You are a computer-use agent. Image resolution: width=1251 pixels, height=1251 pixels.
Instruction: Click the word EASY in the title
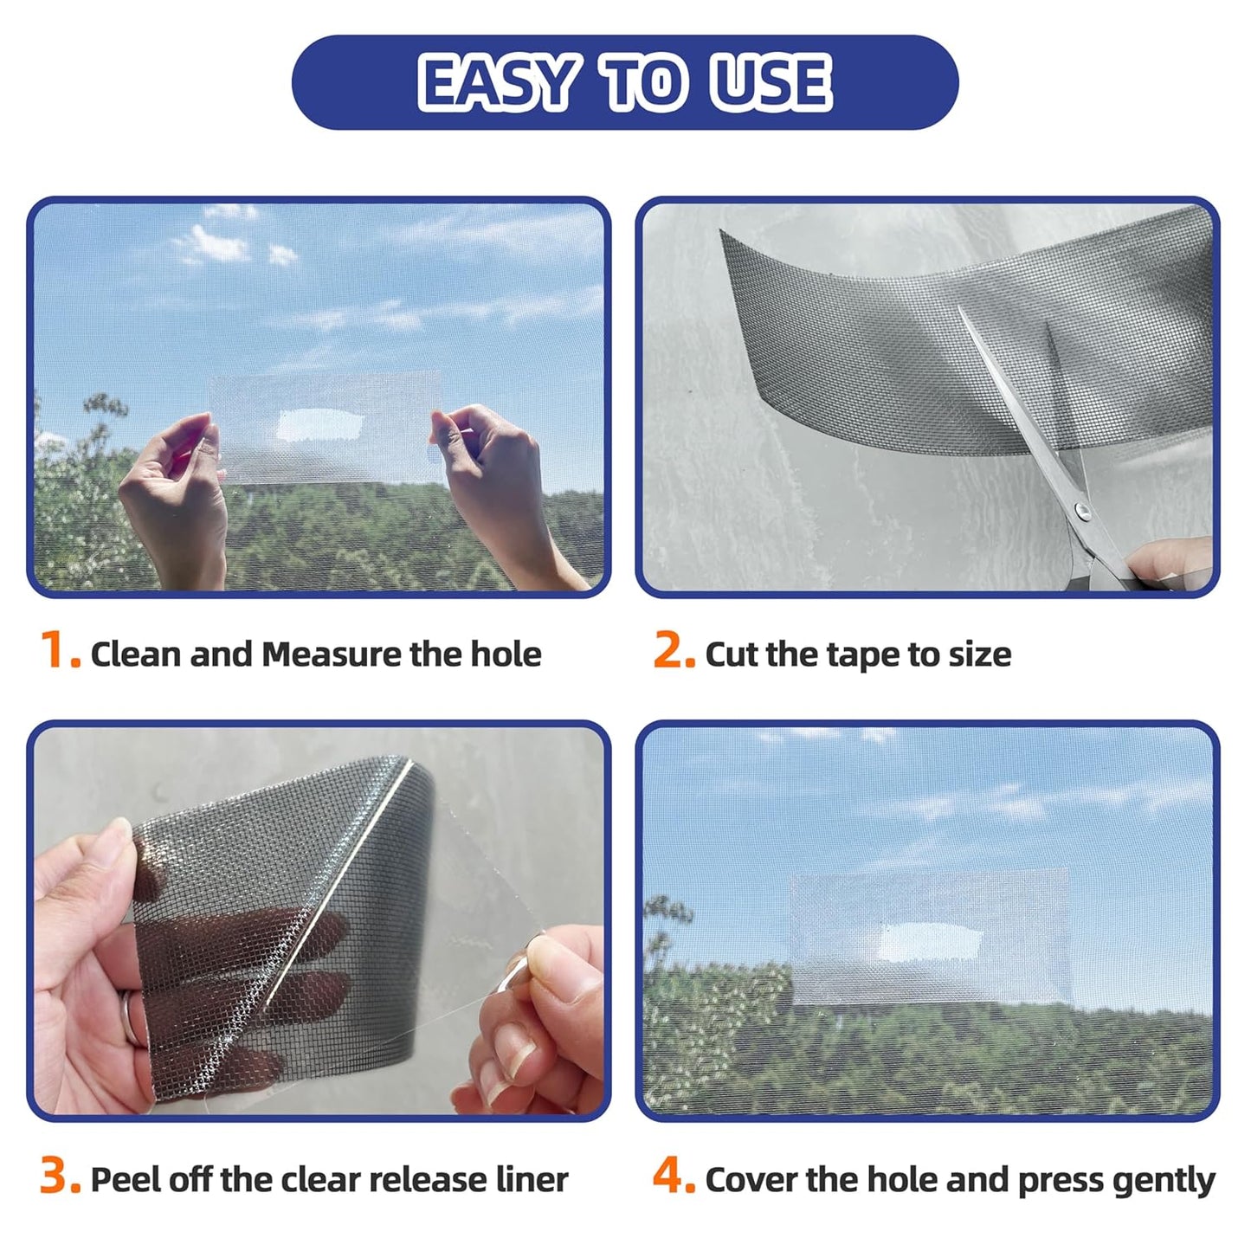point(497,83)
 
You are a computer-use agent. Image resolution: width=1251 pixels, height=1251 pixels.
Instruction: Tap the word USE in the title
point(770,83)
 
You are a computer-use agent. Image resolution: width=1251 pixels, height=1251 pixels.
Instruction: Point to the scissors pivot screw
point(1081,513)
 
